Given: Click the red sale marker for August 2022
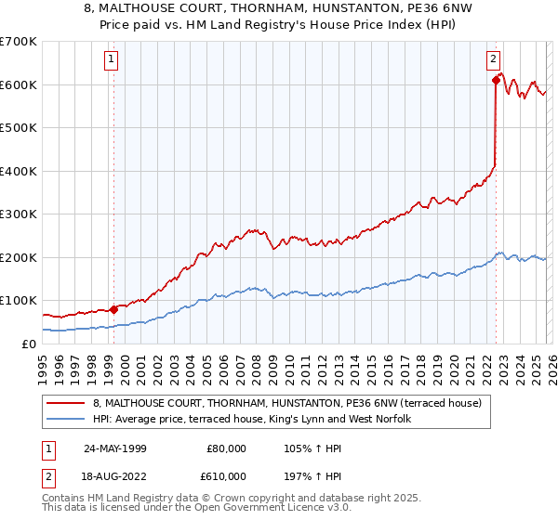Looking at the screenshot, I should pyautogui.click(x=496, y=80).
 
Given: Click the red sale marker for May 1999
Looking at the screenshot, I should pyautogui.click(x=114, y=309).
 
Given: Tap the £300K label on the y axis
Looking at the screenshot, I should pyautogui.click(x=19, y=214).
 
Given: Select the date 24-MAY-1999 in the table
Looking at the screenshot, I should pyautogui.click(x=114, y=448).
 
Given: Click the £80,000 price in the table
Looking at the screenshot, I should pyautogui.click(x=225, y=448).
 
